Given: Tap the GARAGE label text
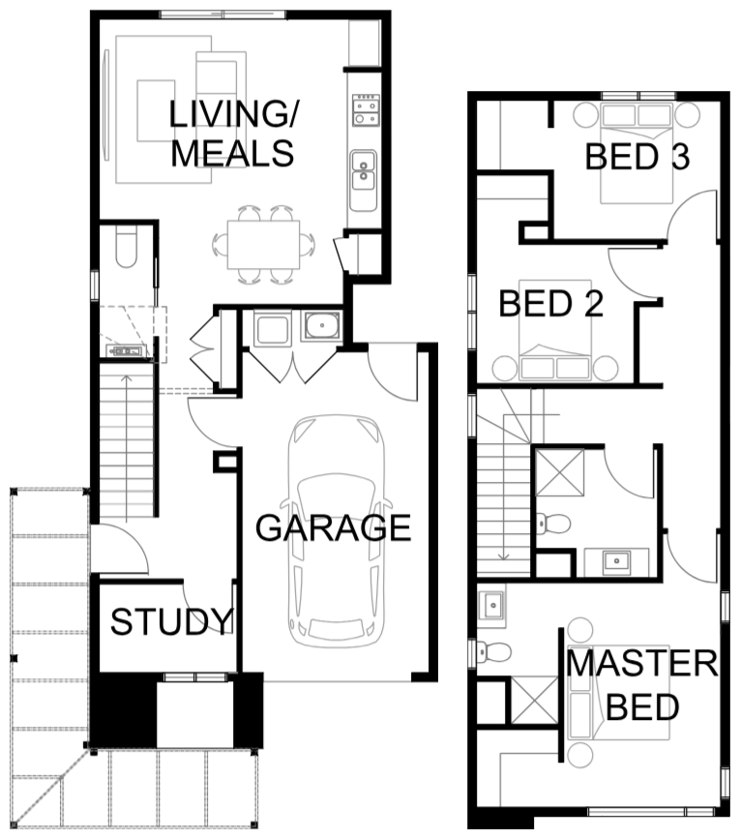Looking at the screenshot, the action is click(333, 528).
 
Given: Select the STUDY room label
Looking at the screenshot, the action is click(171, 622).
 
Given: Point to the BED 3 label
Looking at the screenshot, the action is click(637, 157).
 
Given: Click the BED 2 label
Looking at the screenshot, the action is click(551, 304).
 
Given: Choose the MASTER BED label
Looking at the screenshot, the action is click(642, 685).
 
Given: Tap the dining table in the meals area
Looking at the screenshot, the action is click(263, 245).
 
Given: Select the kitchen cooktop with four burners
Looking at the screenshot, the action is click(366, 109).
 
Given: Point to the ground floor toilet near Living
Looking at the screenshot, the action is click(127, 249).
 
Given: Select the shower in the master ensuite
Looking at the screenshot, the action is click(534, 700).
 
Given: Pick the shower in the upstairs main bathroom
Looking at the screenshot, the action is click(560, 472).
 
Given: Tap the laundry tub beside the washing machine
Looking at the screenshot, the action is click(320, 326).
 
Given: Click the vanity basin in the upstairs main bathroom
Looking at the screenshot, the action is click(616, 561).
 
